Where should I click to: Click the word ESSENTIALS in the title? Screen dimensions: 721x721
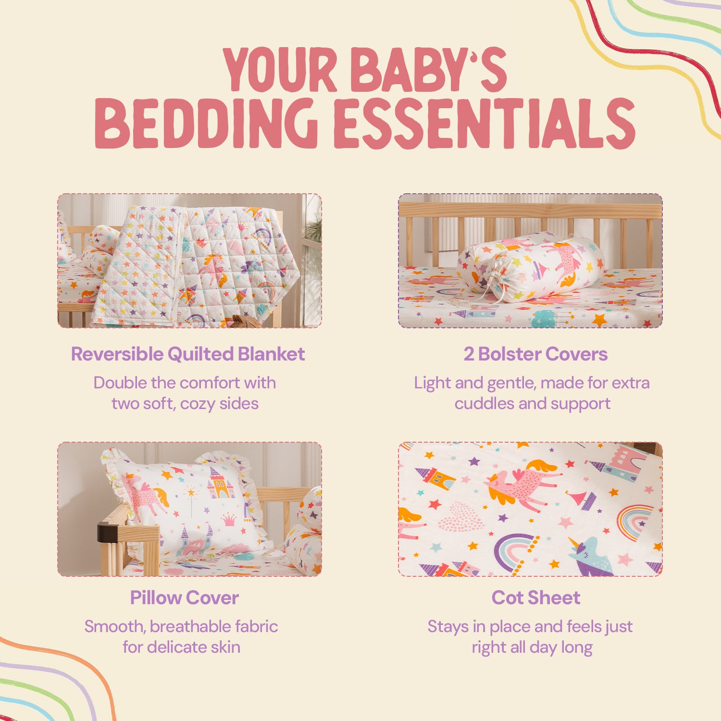click(x=485, y=123)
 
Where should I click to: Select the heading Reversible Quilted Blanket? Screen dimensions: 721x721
click(x=188, y=354)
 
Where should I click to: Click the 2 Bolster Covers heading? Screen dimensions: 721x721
click(x=535, y=354)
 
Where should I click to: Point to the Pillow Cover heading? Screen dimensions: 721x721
click(x=185, y=598)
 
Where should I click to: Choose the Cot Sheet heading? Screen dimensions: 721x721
click(x=536, y=598)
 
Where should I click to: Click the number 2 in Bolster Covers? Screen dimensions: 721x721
click(x=469, y=354)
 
